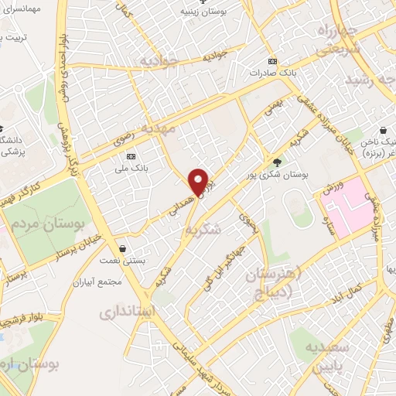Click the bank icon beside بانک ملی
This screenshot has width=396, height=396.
pyautogui.click(x=130, y=154)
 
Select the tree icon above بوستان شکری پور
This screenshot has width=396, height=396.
pyautogui.click(x=277, y=162)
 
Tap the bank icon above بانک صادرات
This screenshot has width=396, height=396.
pyautogui.click(x=271, y=60)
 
